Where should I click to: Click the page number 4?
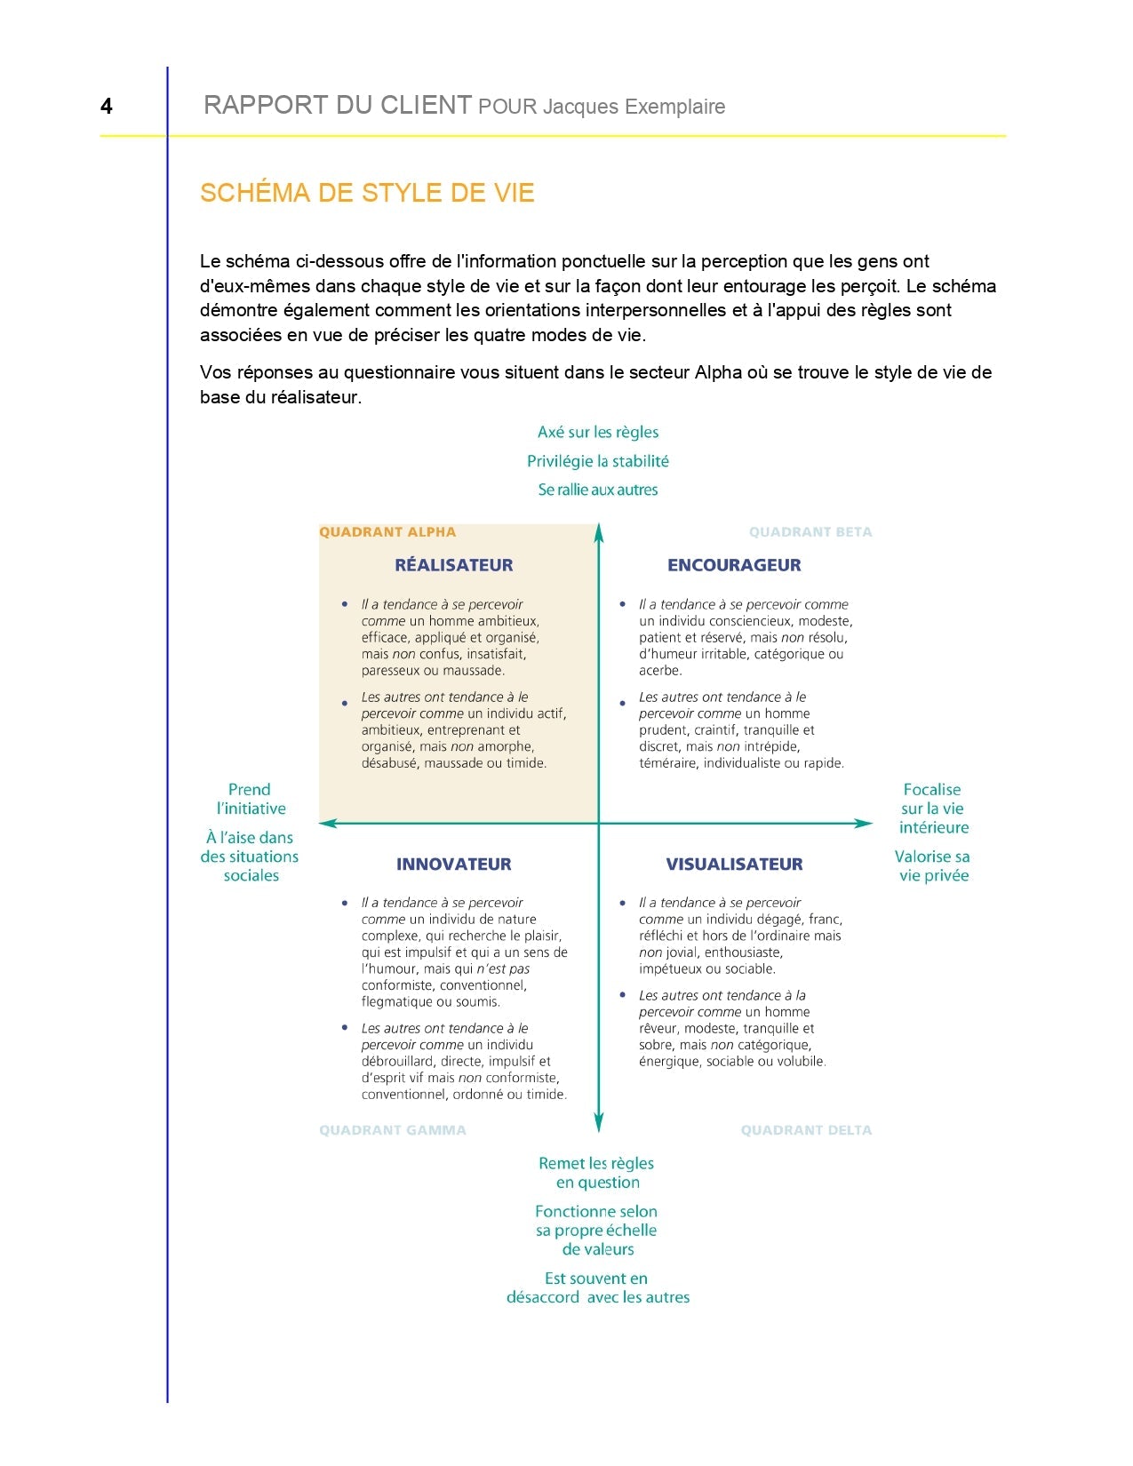click(x=107, y=107)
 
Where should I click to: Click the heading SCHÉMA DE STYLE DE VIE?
click(x=367, y=193)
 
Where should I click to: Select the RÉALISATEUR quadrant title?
click(x=453, y=565)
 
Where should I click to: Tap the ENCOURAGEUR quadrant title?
click(x=734, y=565)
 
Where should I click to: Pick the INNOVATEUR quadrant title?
click(x=453, y=864)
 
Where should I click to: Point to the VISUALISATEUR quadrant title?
click(x=734, y=864)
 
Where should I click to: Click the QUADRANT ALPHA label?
click(x=387, y=532)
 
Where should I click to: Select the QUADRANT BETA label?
click(x=810, y=532)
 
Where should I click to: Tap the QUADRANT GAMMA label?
click(x=392, y=1130)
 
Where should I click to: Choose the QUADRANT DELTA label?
click(x=806, y=1130)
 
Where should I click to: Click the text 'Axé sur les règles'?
click(x=598, y=432)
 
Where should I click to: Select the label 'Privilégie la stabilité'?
click(x=598, y=461)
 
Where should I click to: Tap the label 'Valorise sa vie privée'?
click(x=932, y=866)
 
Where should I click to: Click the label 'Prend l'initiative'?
click(x=250, y=799)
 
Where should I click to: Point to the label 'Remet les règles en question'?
click(x=597, y=1173)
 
